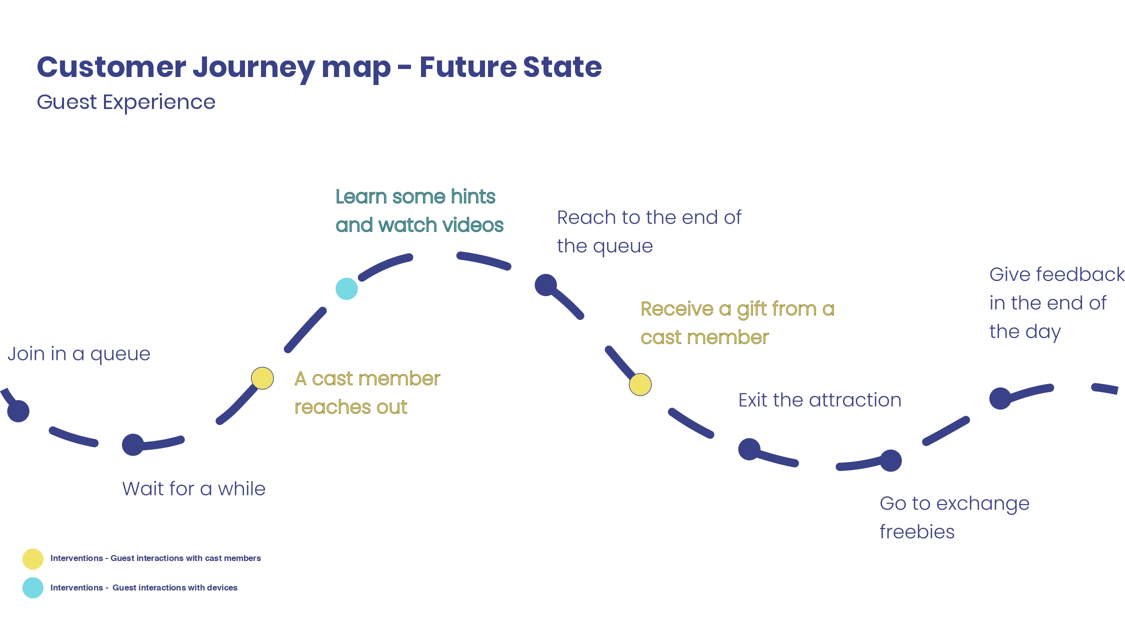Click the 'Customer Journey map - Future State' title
[319, 68]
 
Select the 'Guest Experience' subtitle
[126, 102]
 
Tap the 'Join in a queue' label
[79, 354]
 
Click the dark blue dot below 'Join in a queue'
[18, 411]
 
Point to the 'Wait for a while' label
[194, 488]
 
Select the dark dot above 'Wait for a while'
[133, 444]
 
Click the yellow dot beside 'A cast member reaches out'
[262, 378]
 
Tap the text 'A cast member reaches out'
[367, 392]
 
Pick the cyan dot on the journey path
[346, 288]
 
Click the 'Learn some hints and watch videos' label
[419, 211]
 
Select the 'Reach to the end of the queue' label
[649, 232]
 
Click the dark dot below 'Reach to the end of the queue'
[546, 285]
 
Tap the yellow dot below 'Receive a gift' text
[640, 384]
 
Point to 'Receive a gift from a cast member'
[737, 323]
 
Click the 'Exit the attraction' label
[820, 400]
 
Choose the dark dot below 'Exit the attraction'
[749, 449]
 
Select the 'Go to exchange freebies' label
[954, 517]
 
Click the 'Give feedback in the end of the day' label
[1057, 303]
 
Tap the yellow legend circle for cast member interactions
[33, 559]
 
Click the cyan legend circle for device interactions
[33, 588]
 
